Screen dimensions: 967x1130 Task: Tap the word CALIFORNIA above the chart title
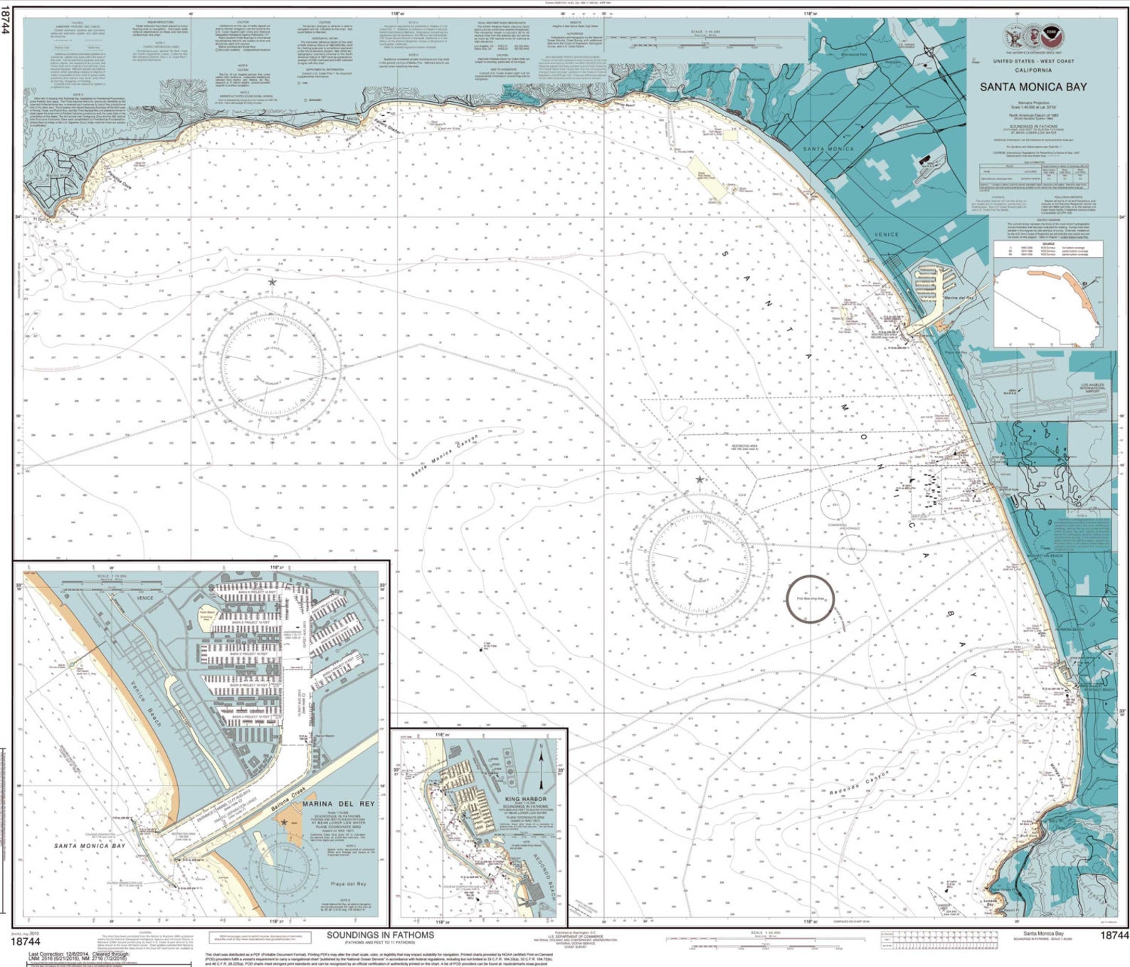1033,70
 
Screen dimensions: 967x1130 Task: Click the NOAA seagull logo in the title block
1051,36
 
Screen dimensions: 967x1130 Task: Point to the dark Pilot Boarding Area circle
810,599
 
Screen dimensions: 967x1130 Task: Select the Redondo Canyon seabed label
859,783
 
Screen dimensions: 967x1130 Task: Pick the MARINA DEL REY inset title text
338,803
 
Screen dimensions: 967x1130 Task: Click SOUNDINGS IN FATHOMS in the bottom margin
380,935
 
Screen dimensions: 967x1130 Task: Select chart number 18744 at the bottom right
1114,936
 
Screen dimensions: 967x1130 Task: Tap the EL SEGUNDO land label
1020,444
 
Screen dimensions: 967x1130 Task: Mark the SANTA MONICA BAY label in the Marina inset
90,846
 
